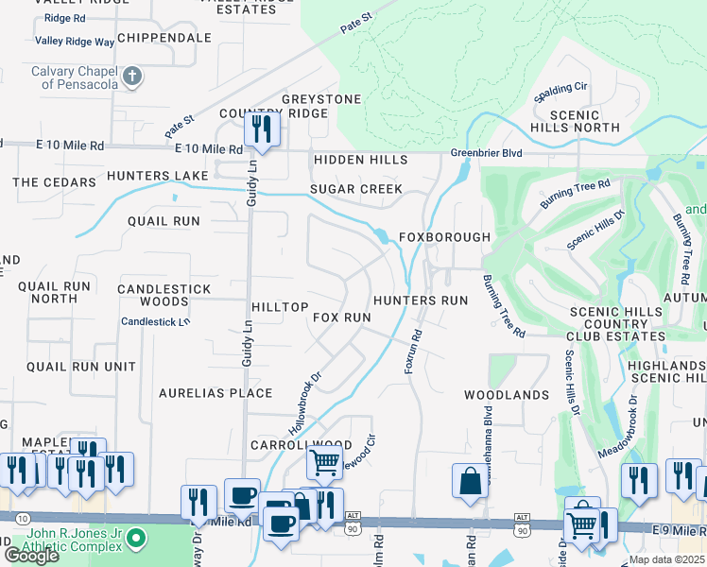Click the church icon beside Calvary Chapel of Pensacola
132,76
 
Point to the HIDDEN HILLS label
360,161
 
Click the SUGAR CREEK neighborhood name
356,189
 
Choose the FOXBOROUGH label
444,237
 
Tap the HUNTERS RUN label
421,301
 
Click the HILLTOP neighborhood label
280,308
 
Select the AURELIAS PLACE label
216,393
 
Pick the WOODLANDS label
506,395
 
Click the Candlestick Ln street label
156,322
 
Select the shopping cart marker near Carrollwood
324,462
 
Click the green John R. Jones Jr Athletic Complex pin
136,540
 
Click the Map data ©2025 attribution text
666,559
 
